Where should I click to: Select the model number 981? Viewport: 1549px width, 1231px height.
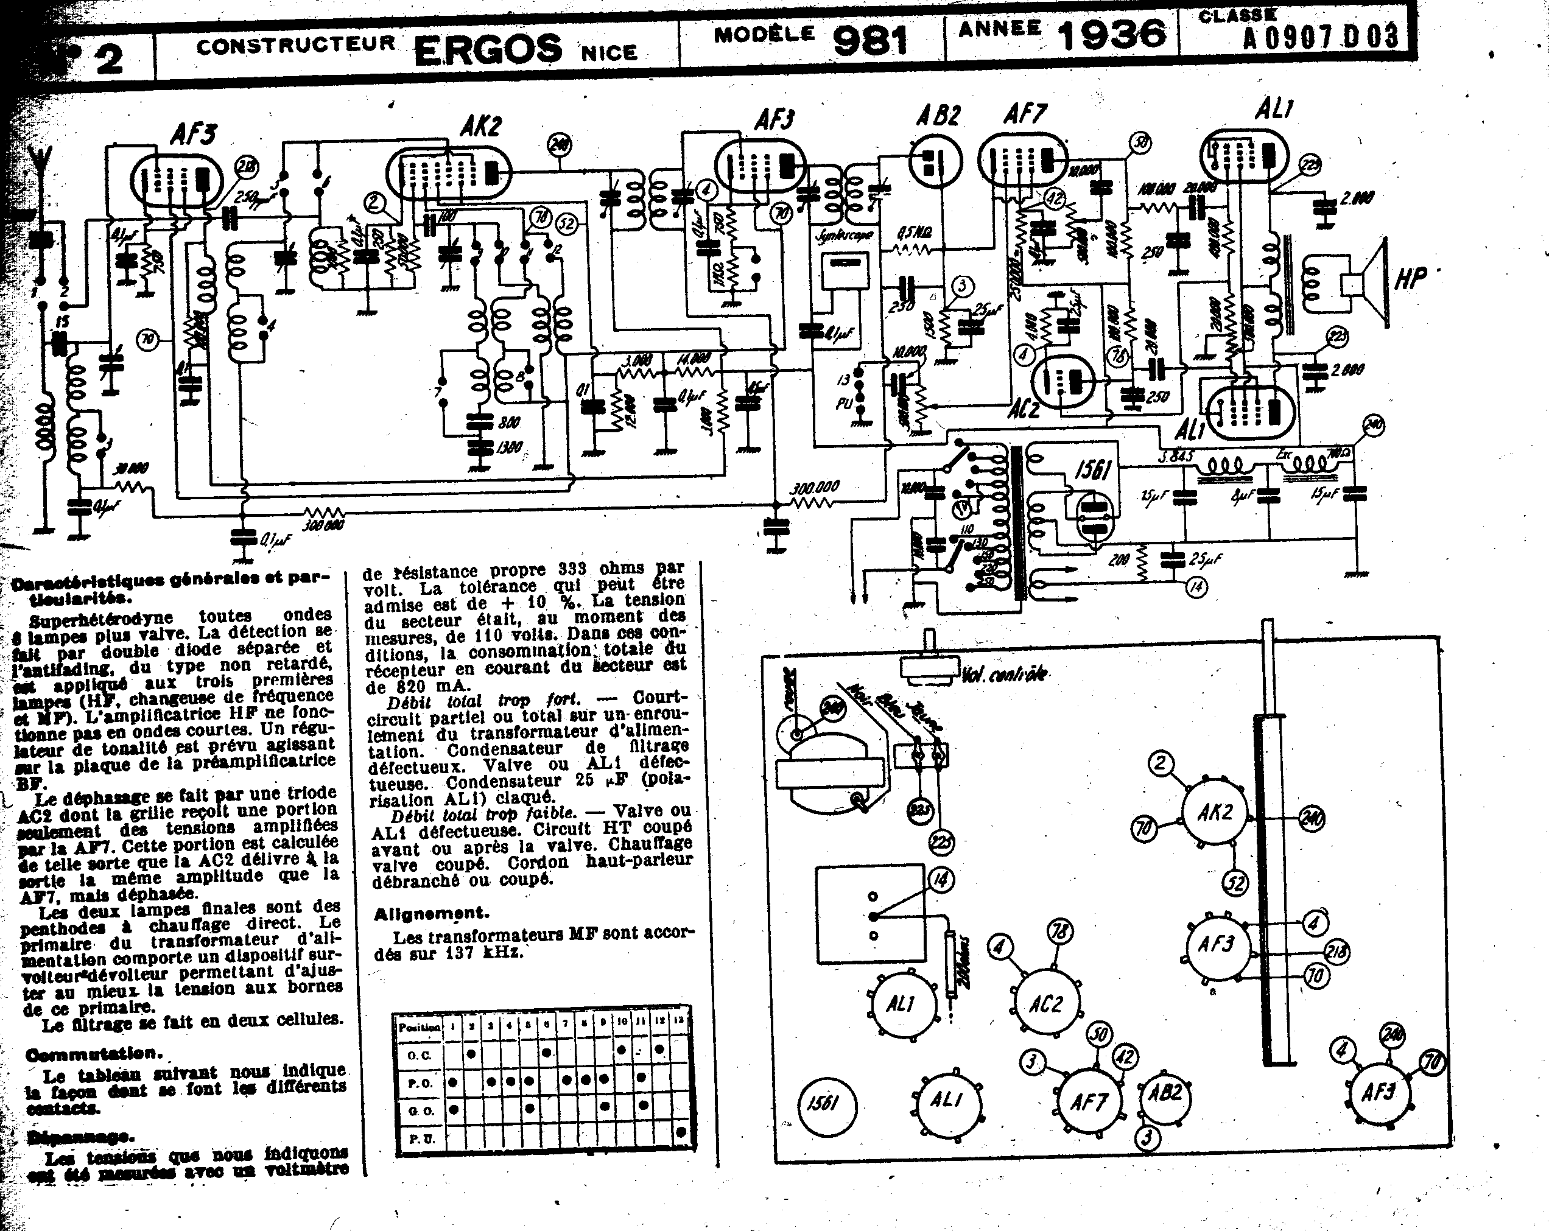coord(870,41)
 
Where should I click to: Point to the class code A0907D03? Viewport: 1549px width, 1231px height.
coord(1321,36)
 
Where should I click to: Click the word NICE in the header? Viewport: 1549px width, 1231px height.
coord(609,52)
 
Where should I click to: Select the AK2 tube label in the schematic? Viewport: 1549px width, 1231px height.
coord(480,127)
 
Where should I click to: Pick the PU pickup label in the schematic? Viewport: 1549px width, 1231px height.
coord(843,404)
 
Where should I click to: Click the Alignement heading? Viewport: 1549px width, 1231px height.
coord(431,914)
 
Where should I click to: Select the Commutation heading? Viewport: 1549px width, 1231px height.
coord(93,1054)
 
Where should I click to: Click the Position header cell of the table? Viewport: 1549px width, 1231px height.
coord(420,1027)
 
